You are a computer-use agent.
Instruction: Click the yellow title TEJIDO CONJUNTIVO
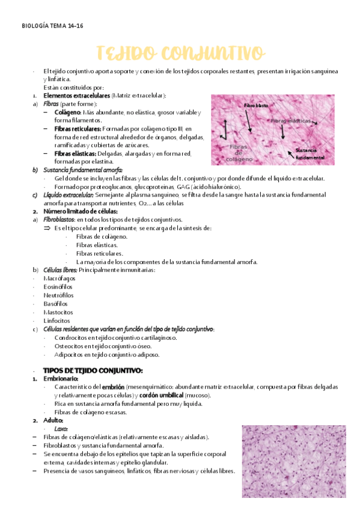click(180, 52)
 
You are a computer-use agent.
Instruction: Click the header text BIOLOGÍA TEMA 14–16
click(52, 26)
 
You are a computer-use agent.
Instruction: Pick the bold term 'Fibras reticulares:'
click(78, 129)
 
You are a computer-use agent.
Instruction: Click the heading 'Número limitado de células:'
click(81, 212)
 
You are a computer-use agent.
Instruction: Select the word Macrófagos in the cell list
click(59, 278)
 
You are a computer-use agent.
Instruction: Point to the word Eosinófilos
click(58, 287)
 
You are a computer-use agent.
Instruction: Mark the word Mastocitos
click(58, 312)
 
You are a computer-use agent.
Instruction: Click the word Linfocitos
click(58, 321)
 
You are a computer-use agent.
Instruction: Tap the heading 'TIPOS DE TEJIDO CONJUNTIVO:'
click(93, 370)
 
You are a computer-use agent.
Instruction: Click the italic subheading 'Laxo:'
click(61, 428)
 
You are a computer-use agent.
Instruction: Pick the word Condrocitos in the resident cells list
click(71, 337)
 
